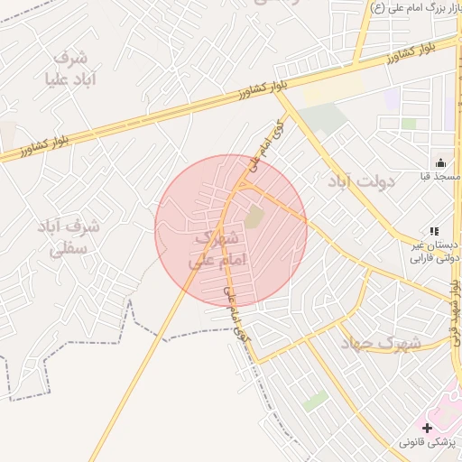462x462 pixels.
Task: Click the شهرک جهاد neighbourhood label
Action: coord(380,343)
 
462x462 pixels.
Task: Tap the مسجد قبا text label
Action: coord(439,178)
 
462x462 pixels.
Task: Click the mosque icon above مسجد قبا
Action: coord(439,162)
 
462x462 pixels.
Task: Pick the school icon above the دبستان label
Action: coord(434,231)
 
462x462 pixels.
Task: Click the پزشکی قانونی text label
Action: coord(430,442)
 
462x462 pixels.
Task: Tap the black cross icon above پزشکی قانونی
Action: coord(426,427)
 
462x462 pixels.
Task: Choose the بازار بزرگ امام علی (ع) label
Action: coord(416,8)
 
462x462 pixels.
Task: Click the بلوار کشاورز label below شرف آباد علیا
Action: coord(27,144)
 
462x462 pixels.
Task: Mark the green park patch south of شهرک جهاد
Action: coord(315,401)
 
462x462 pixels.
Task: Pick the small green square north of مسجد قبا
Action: coord(409,123)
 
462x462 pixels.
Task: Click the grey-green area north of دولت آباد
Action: coord(322,118)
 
